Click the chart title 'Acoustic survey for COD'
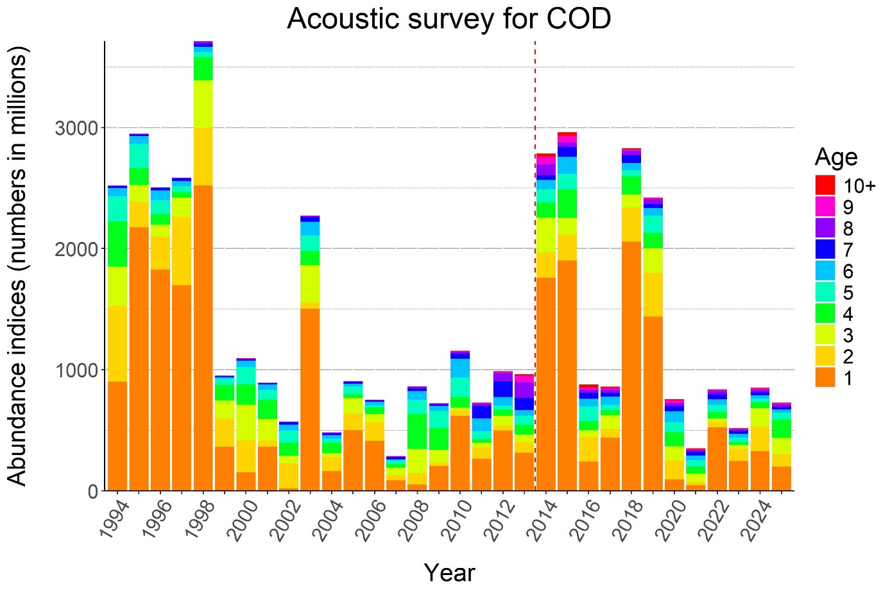click(449, 19)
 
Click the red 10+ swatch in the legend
click(825, 185)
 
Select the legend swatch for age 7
click(825, 250)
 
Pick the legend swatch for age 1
click(825, 378)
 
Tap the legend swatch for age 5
click(825, 293)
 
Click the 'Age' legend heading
click(836, 157)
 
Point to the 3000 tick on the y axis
click(76, 128)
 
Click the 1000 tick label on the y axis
click(76, 370)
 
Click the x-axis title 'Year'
click(449, 572)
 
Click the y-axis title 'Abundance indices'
click(18, 266)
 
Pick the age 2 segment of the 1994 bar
click(117, 344)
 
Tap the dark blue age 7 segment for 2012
click(504, 389)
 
